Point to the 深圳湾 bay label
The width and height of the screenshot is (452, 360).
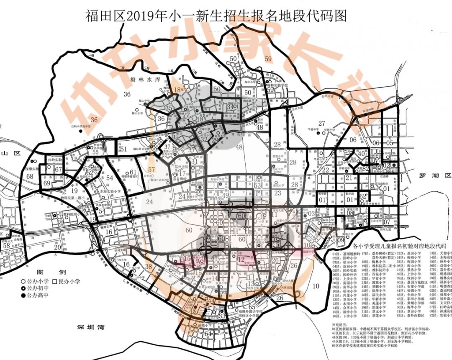pyautogui.click(x=88, y=327)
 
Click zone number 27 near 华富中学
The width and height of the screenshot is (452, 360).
pyautogui.click(x=321, y=123)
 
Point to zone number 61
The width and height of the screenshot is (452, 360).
pyautogui.click(x=133, y=172)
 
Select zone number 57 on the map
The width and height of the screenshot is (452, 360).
pyautogui.click(x=152, y=169)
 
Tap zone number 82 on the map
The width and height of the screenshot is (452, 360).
pyautogui.click(x=365, y=168)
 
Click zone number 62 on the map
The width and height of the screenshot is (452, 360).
pyautogui.click(x=363, y=196)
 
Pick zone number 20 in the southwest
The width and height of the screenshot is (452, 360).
pyautogui.click(x=58, y=247)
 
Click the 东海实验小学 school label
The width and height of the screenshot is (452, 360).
pyautogui.click(x=110, y=191)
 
